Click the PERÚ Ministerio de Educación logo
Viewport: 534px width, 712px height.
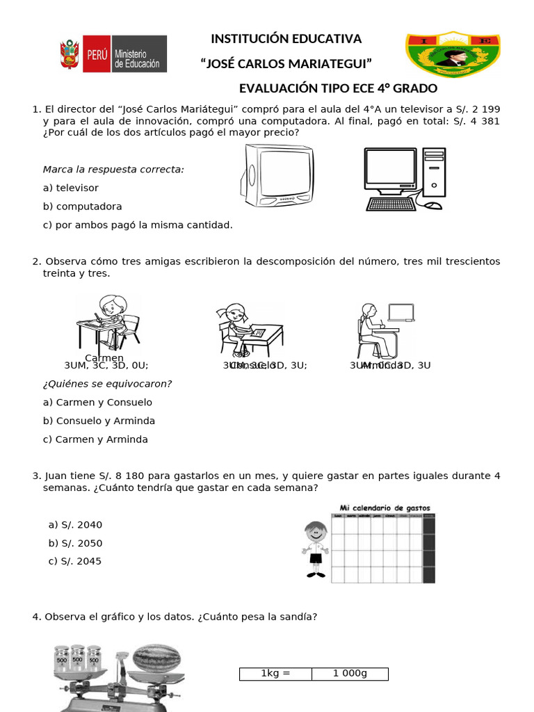[x=113, y=54]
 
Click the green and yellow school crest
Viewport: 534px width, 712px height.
[x=452, y=54]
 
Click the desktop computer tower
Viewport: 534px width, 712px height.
[x=434, y=173]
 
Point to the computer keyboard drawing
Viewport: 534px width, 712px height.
[x=393, y=204]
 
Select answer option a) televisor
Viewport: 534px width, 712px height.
[x=71, y=188]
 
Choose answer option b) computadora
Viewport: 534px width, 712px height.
[x=82, y=207]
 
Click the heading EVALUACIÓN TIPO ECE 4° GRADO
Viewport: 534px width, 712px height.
[x=338, y=88]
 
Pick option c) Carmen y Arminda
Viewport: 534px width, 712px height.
[x=95, y=439]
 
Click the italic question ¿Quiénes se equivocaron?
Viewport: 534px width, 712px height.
[x=107, y=384]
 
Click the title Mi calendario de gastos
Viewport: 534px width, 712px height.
[x=385, y=508]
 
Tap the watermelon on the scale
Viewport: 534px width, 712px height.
[x=157, y=657]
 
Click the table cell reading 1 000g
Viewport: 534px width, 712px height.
[x=350, y=674]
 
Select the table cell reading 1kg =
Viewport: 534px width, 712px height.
[x=275, y=674]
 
